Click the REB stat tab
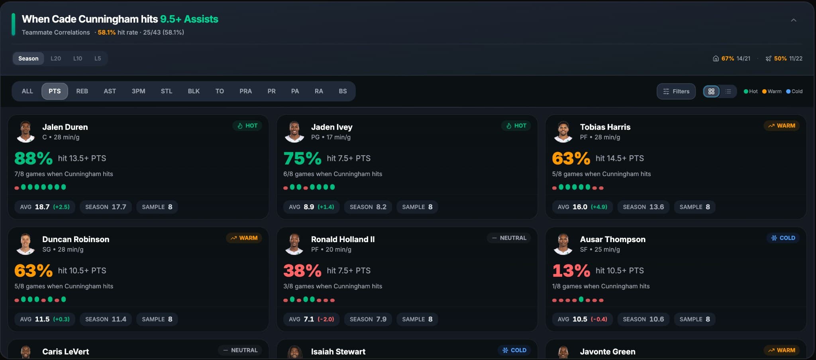(82, 91)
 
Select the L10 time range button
(78, 59)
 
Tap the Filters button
(676, 91)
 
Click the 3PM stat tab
(138, 91)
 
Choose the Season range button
(28, 59)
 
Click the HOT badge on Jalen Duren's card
(247, 126)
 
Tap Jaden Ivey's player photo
(294, 132)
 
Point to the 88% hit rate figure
(33, 158)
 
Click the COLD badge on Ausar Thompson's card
(783, 238)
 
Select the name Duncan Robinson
(76, 239)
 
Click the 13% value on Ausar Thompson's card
(571, 271)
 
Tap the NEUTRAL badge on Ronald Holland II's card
(509, 238)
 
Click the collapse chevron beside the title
(793, 20)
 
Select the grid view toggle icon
(711, 91)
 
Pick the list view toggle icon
(728, 91)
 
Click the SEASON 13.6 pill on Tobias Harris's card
(643, 207)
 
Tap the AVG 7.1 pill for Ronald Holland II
(311, 319)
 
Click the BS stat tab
(343, 91)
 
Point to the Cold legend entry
(794, 91)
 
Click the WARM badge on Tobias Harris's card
(781, 126)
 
